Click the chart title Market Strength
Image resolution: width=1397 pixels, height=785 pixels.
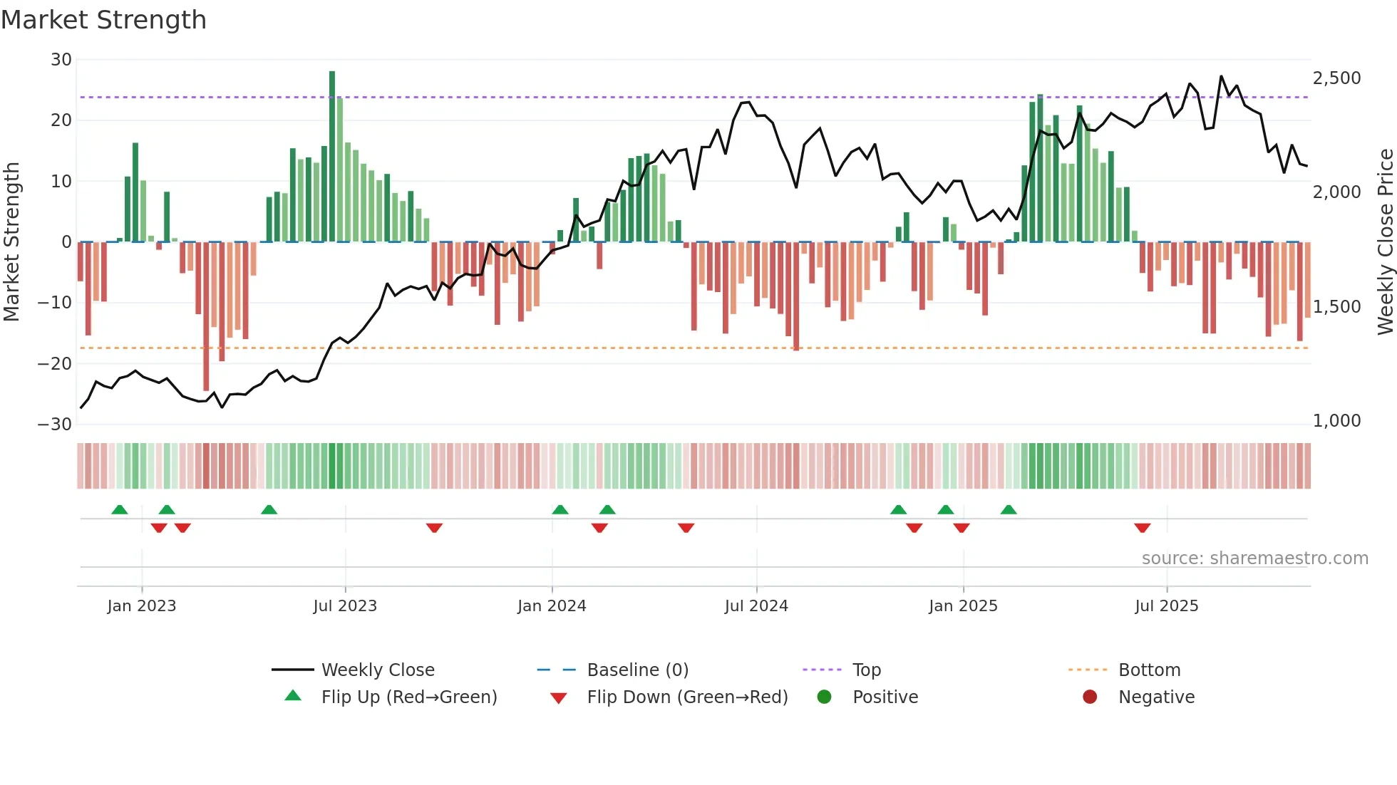tap(104, 20)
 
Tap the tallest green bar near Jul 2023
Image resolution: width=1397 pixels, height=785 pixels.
tap(332, 157)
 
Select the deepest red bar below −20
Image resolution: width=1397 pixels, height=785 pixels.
tap(206, 317)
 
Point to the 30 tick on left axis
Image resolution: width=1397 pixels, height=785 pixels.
tap(61, 60)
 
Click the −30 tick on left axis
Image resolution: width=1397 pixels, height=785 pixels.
tap(56, 425)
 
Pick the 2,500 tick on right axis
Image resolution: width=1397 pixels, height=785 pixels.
tap(1336, 78)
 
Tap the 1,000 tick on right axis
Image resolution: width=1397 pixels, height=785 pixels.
tap(1336, 421)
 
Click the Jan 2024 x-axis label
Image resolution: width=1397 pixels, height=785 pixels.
tap(552, 606)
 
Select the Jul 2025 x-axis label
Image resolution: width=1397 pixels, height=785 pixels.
tap(1166, 606)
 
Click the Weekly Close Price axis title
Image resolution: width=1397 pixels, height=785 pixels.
tap(1385, 242)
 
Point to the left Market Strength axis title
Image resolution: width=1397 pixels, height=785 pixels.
tap(12, 242)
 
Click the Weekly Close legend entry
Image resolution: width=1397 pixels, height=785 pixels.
tap(377, 670)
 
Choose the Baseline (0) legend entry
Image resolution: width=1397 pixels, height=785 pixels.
tap(637, 670)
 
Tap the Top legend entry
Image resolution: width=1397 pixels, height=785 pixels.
tap(866, 670)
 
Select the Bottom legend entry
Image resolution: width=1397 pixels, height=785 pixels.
tap(1149, 670)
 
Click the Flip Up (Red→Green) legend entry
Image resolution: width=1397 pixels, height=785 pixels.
tap(408, 697)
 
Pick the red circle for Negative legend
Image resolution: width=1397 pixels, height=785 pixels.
tap(1090, 697)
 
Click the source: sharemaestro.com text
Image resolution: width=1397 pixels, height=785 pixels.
tap(1254, 558)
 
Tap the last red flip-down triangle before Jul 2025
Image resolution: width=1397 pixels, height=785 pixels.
tap(1143, 528)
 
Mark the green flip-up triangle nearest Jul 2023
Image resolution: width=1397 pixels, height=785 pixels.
tap(269, 510)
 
